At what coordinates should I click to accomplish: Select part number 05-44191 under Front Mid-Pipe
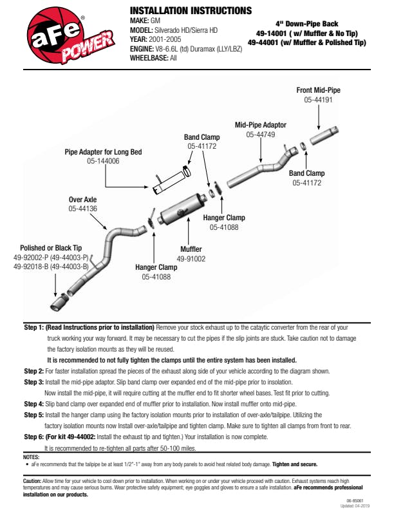[318, 100]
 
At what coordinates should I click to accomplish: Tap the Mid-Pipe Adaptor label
[260, 125]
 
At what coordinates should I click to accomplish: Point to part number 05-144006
[103, 162]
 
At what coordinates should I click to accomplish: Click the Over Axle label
[82, 200]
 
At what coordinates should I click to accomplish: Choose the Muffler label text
[191, 249]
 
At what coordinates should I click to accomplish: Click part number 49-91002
[191, 258]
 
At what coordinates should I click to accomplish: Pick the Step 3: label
[33, 382]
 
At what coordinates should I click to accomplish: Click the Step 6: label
[33, 437]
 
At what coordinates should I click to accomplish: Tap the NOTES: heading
[31, 457]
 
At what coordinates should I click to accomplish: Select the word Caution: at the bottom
[32, 481]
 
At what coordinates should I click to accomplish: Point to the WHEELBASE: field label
[149, 57]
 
